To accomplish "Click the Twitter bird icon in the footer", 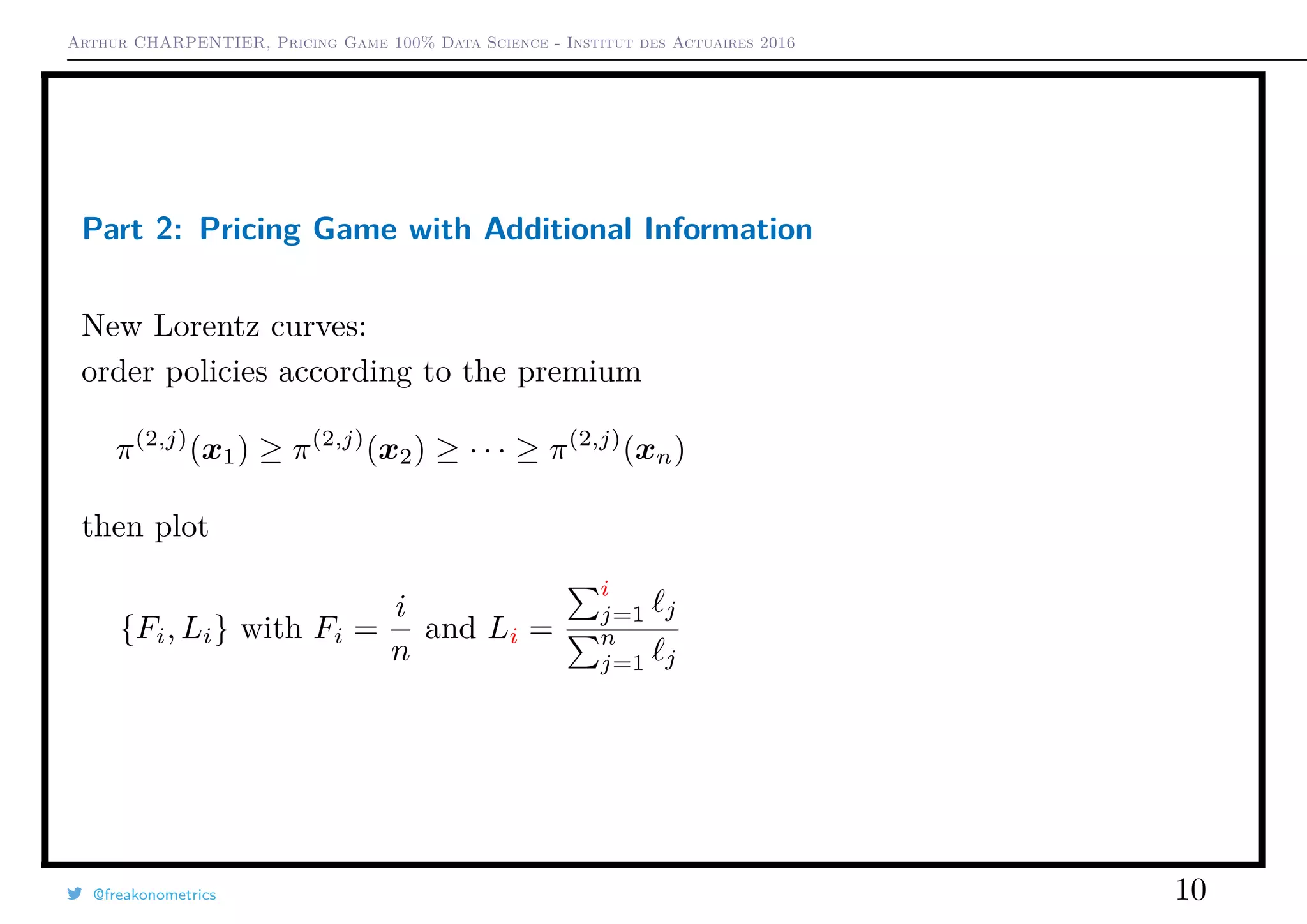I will [75, 894].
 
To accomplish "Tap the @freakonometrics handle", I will [154, 895].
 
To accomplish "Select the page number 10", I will [1190, 890].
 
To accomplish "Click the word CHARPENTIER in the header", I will [200, 43].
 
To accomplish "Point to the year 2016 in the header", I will [777, 43].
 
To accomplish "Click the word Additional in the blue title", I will [558, 228].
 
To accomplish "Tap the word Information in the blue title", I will [728, 228].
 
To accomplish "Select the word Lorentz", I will [207, 326].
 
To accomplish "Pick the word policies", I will [216, 372].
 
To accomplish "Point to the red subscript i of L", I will [513, 636].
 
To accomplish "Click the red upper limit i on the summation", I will [604, 588].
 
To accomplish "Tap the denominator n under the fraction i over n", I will [400, 652].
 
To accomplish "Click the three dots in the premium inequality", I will [487, 452].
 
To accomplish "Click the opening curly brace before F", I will [128, 630].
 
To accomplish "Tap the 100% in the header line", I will [414, 43].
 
